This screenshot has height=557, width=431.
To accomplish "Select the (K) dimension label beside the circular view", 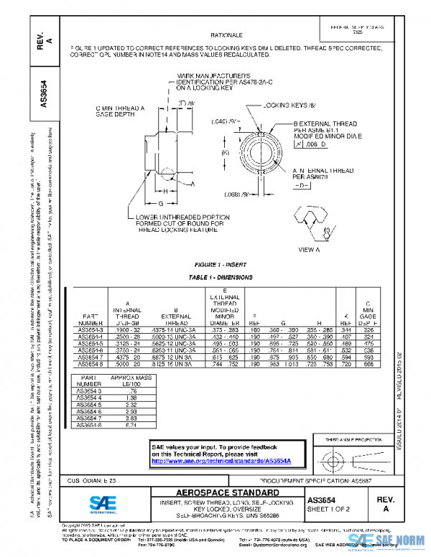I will click(225, 152).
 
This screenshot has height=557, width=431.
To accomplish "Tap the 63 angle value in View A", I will click(326, 230).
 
